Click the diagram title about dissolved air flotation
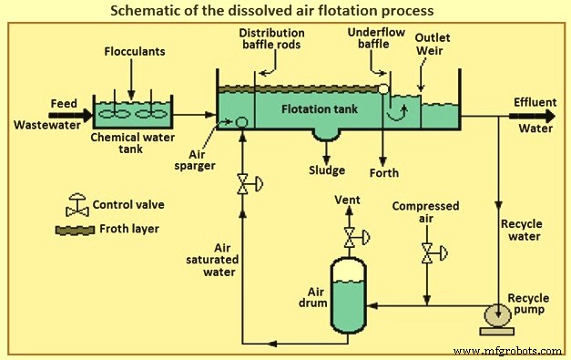[x=284, y=12]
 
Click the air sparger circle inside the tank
[x=242, y=122]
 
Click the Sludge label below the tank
[x=324, y=170]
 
